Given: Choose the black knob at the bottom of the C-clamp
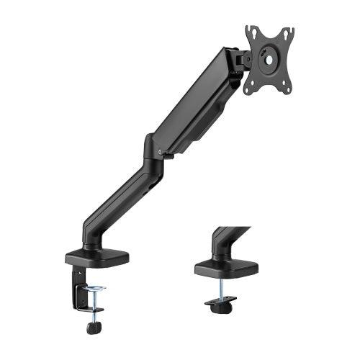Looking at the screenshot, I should pyautogui.click(x=91, y=328).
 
